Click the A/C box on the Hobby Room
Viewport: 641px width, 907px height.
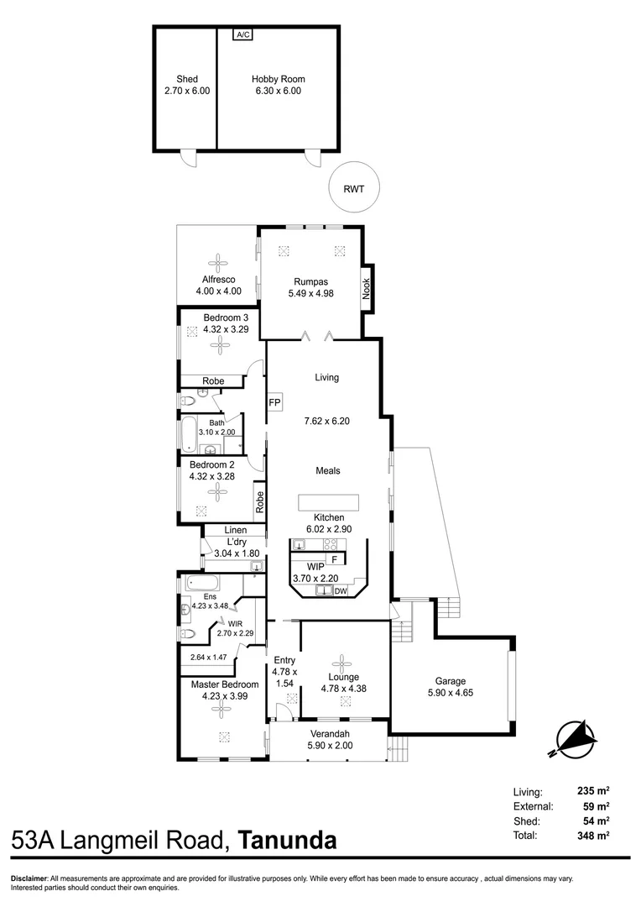(x=243, y=34)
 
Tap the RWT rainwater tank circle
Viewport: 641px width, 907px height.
(x=353, y=189)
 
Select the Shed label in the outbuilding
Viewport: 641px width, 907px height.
(x=187, y=80)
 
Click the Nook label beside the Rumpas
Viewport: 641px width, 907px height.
(x=367, y=289)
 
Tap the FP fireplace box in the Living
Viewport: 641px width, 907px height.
(x=274, y=402)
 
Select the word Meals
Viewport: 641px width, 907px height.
(x=327, y=471)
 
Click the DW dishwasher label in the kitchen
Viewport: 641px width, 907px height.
(x=340, y=591)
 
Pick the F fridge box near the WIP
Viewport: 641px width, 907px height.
(x=333, y=559)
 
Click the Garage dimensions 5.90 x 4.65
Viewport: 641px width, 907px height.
(x=451, y=694)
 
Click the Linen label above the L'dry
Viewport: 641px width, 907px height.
(x=235, y=531)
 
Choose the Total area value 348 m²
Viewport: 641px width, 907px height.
(x=591, y=836)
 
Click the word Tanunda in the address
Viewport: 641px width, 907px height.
(x=288, y=841)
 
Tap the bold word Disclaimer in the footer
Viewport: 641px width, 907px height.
(x=29, y=878)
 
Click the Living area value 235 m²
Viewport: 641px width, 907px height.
(x=591, y=791)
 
